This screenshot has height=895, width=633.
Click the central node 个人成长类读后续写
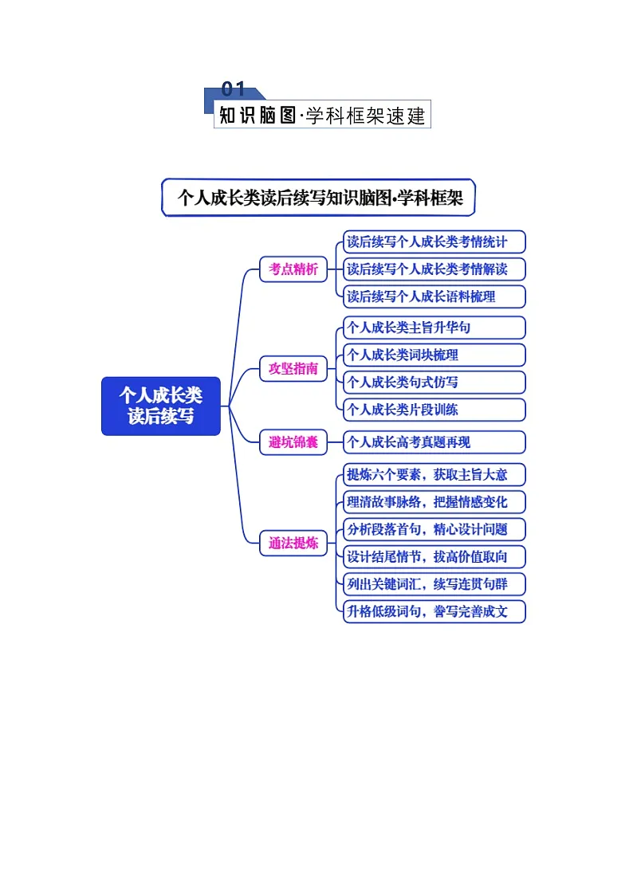click(x=160, y=406)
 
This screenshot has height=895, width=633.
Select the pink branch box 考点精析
click(x=293, y=269)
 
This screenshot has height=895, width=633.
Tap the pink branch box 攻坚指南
click(x=293, y=368)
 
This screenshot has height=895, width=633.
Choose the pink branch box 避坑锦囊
click(x=293, y=442)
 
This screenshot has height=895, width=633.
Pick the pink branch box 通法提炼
click(x=293, y=544)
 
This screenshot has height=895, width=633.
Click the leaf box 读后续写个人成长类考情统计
click(x=434, y=241)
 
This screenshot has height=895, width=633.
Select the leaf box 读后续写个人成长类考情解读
click(x=434, y=269)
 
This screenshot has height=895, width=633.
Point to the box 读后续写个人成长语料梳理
click(x=434, y=296)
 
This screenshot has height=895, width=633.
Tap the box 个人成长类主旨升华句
click(x=434, y=328)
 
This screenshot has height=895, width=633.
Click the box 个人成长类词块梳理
click(x=434, y=355)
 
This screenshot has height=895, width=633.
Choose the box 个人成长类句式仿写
click(x=434, y=383)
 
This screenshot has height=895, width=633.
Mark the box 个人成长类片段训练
click(x=434, y=410)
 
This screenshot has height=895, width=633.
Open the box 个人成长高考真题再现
click(x=434, y=442)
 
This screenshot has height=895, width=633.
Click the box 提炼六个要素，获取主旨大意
click(x=434, y=475)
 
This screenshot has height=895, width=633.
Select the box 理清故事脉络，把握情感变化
click(x=434, y=502)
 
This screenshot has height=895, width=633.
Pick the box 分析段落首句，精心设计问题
click(x=434, y=529)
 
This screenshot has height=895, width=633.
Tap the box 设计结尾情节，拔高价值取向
click(x=434, y=556)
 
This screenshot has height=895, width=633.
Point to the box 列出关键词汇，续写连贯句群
click(x=434, y=584)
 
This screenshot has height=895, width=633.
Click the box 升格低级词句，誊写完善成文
click(x=434, y=612)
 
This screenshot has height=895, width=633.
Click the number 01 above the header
click(x=233, y=89)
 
